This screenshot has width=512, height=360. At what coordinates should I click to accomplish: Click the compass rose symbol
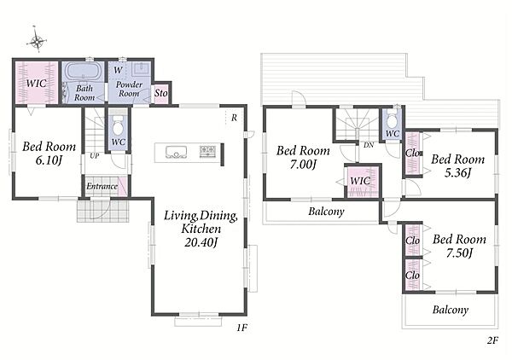tap(38, 40)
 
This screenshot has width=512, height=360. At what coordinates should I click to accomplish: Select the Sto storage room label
tap(161, 93)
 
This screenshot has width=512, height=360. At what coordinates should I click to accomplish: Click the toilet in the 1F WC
tap(118, 126)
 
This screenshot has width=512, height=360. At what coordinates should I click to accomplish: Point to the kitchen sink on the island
tap(176, 152)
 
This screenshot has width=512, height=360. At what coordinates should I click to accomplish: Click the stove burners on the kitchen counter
tap(207, 152)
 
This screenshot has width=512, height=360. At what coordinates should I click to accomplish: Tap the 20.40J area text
tap(201, 242)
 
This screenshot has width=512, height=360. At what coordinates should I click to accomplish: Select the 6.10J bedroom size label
tap(49, 160)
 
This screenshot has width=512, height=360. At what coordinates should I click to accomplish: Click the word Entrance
tap(102, 186)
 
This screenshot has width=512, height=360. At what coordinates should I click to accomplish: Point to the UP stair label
tap(95, 156)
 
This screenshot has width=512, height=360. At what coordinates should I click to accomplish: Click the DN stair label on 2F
tap(369, 145)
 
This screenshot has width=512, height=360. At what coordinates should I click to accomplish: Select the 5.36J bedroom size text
tap(457, 172)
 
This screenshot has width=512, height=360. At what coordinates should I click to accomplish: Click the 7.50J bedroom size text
tap(460, 253)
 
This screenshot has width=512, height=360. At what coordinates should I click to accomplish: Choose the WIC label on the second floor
tap(360, 181)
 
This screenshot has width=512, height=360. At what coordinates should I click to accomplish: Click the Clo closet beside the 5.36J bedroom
tap(412, 153)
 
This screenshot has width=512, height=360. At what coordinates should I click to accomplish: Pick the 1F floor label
tap(242, 328)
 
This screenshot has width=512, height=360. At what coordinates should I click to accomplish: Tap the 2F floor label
tap(492, 340)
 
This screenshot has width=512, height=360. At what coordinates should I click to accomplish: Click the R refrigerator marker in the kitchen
tap(234, 118)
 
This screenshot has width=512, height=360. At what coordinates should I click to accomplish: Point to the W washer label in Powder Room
tap(119, 70)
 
